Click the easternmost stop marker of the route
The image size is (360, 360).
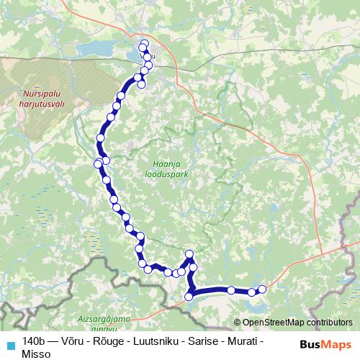click(x=262, y=289)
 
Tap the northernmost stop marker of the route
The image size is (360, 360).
click(x=144, y=44)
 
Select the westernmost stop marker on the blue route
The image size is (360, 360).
click(x=98, y=164)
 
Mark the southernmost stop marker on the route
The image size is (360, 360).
click(x=189, y=297)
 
